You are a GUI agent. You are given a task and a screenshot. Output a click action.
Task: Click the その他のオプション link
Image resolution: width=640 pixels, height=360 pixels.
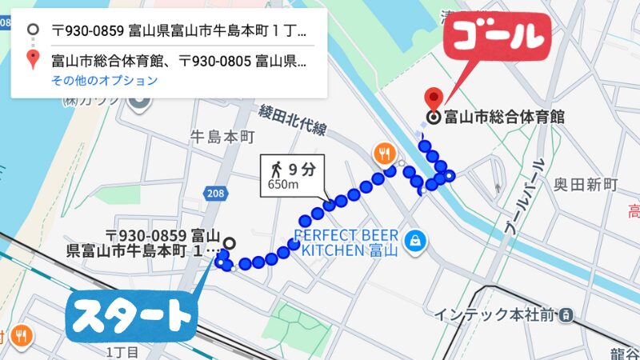tap(104, 81)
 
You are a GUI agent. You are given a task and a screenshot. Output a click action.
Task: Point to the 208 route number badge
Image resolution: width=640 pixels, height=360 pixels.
tap(215, 193)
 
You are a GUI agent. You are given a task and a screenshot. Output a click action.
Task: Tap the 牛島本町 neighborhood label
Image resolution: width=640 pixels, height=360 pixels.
tap(219, 136)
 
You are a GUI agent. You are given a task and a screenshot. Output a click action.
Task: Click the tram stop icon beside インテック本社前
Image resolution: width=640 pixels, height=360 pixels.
tap(566, 314)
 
